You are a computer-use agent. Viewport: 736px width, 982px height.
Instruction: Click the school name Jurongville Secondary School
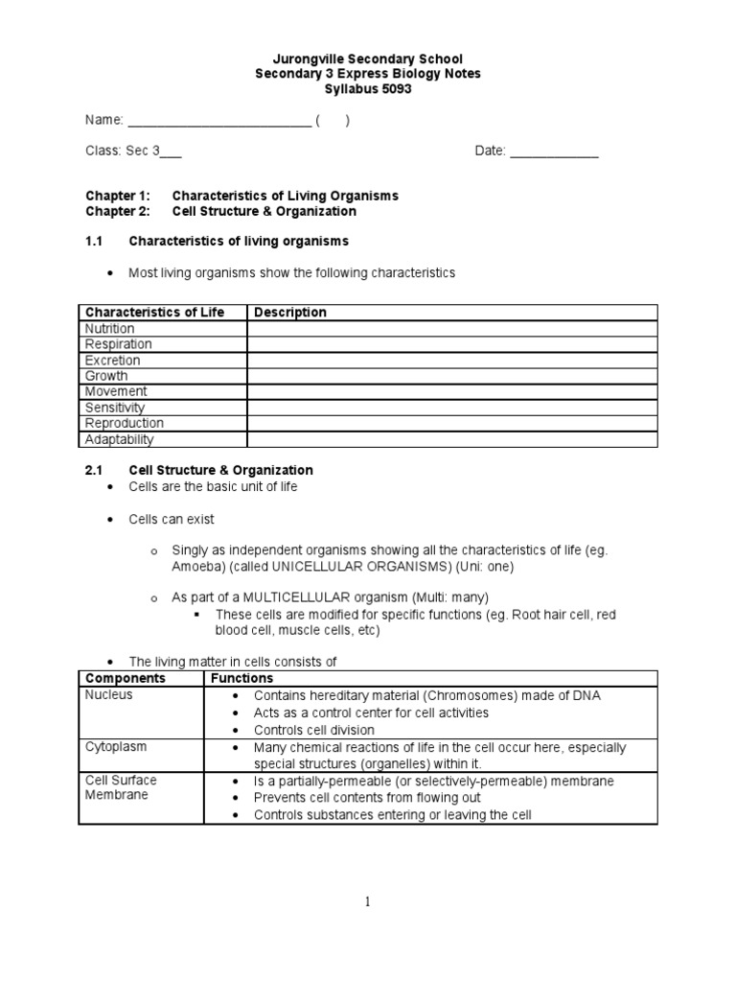[x=367, y=59]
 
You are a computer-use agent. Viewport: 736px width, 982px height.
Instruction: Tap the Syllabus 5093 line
[x=367, y=88]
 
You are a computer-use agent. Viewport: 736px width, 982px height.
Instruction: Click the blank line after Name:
[x=218, y=121]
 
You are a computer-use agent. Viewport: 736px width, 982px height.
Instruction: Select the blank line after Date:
[x=554, y=152]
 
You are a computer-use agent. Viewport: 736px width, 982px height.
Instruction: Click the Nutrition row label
[x=110, y=329]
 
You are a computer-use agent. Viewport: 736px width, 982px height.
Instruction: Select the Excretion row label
[x=113, y=361]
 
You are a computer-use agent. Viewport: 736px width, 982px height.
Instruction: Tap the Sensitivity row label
[x=115, y=408]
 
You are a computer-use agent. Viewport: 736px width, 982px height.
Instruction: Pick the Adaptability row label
[x=119, y=440]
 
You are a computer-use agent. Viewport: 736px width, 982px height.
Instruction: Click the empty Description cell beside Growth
[x=451, y=376]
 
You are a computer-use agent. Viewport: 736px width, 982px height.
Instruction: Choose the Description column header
[x=290, y=313]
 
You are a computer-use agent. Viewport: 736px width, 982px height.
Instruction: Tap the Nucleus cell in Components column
[x=109, y=695]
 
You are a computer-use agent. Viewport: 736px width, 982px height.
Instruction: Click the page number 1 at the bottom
[x=368, y=902]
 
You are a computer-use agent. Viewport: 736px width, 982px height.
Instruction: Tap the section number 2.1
[x=96, y=470]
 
